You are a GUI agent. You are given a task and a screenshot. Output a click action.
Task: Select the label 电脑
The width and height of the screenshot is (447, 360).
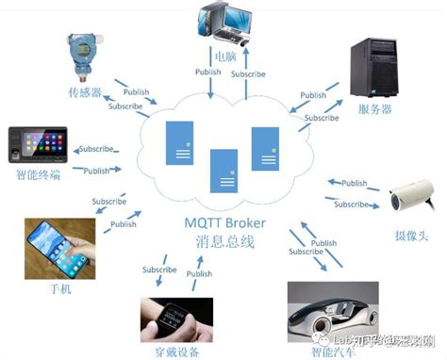click(x=225, y=57)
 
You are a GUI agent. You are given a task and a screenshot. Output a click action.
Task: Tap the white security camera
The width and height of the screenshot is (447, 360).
click(x=412, y=195)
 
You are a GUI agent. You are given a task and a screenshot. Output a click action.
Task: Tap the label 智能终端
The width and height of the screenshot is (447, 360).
click(x=39, y=176)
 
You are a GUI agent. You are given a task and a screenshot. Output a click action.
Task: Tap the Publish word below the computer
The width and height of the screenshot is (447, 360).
click(x=207, y=73)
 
